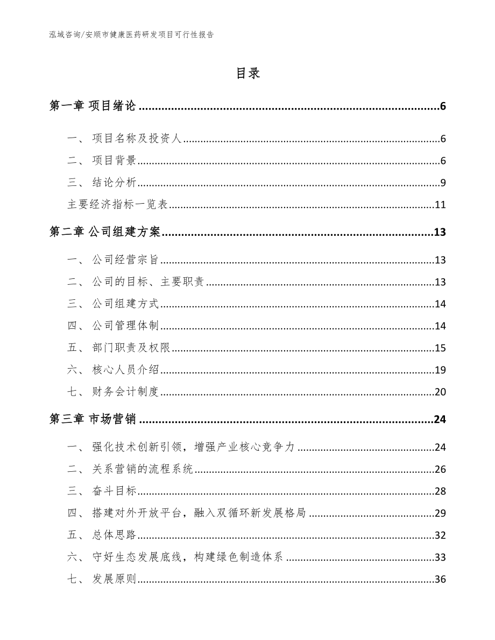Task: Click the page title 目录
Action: (x=247, y=74)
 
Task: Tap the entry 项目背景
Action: (x=114, y=161)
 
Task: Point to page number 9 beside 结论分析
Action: (x=442, y=183)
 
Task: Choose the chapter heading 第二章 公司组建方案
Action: (x=104, y=232)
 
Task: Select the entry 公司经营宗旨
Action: (x=125, y=260)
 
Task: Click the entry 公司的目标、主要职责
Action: (x=147, y=282)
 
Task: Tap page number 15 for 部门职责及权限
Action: (x=440, y=348)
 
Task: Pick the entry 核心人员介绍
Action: (x=125, y=370)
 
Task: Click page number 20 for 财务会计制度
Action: (x=440, y=392)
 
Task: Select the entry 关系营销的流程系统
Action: (x=142, y=469)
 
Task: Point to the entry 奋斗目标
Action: (x=114, y=491)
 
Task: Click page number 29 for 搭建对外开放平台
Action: (x=440, y=513)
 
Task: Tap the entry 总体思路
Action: (x=114, y=535)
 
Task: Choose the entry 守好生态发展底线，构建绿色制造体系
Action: (x=187, y=557)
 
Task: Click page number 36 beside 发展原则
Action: (x=440, y=579)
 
